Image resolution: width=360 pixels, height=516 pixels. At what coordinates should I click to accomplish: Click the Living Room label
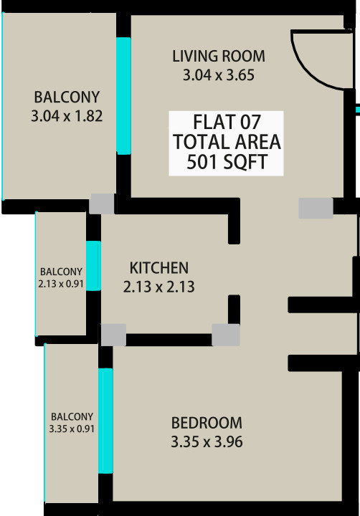(x=219, y=56)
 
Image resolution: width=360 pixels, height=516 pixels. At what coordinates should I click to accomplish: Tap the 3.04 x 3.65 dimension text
(x=219, y=74)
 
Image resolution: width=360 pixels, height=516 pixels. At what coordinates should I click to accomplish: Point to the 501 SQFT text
(x=226, y=162)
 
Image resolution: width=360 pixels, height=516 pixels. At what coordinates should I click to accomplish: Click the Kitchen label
(x=158, y=268)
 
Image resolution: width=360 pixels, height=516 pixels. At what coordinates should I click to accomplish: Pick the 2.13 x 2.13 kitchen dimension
(x=159, y=287)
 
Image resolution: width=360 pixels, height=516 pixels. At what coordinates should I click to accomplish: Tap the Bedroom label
(x=207, y=423)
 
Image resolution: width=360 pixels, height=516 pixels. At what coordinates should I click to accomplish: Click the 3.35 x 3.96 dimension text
(x=207, y=442)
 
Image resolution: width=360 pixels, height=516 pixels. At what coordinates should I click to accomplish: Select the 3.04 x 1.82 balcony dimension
(x=67, y=115)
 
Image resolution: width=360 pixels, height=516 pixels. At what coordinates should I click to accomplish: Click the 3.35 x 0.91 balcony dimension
(x=72, y=429)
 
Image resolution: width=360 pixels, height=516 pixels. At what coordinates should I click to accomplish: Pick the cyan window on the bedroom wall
(x=105, y=420)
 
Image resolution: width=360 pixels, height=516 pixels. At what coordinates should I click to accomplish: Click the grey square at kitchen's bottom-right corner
(x=225, y=335)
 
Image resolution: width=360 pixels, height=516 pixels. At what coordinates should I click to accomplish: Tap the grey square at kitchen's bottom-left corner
(x=113, y=335)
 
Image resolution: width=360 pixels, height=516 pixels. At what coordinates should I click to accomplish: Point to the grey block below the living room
(x=316, y=208)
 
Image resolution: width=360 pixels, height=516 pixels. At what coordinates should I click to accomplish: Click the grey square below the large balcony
(x=101, y=204)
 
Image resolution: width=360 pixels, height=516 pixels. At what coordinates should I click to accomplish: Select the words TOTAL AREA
(x=226, y=141)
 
